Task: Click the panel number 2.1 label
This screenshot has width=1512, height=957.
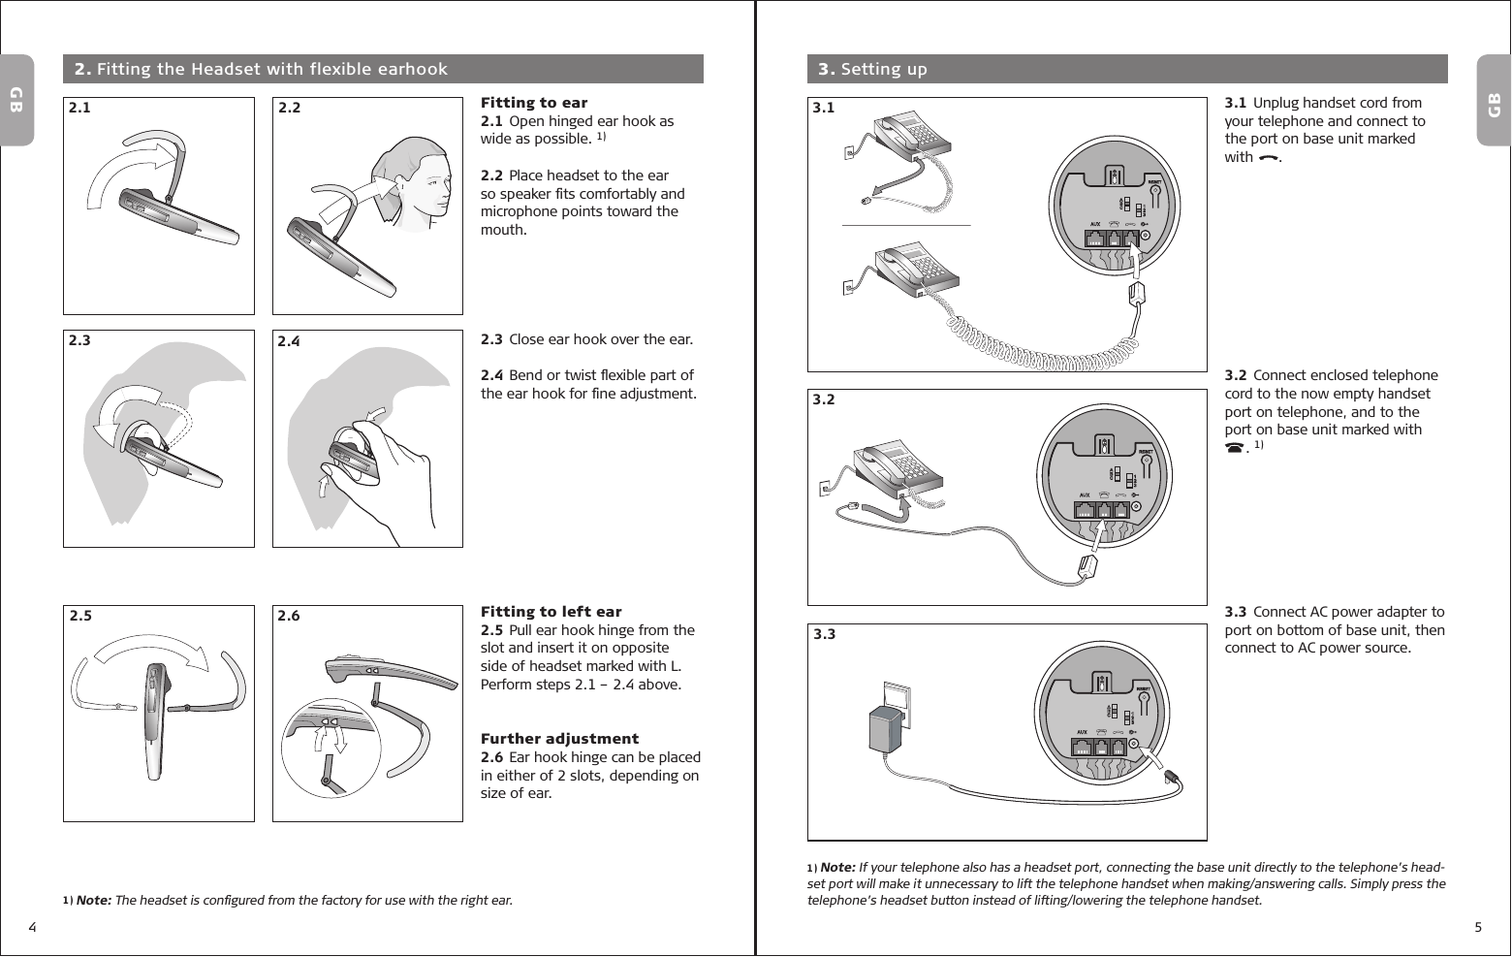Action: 79,109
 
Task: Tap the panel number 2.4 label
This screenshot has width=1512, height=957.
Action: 290,341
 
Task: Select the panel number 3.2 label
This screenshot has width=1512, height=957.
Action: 824,399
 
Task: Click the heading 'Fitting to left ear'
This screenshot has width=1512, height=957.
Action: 551,612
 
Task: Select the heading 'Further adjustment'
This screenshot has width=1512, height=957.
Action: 559,739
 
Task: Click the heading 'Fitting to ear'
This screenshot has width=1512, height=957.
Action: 534,103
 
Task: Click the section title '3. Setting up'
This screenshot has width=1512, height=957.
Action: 872,69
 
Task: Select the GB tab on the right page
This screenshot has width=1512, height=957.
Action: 1494,102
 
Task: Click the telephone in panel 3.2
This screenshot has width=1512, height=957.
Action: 897,470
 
